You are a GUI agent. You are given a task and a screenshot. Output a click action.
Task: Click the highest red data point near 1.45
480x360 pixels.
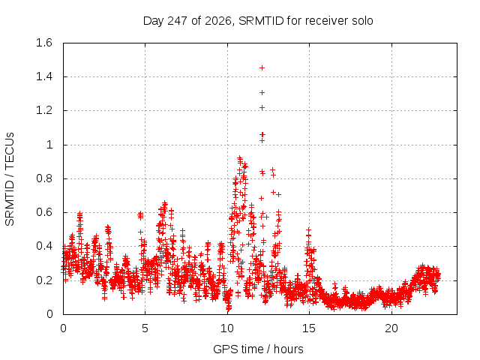pyautogui.click(x=262, y=68)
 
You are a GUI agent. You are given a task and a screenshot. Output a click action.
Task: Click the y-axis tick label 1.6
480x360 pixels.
pyautogui.click(x=44, y=43)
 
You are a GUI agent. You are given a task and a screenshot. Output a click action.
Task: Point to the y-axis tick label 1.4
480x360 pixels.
pyautogui.click(x=44, y=76)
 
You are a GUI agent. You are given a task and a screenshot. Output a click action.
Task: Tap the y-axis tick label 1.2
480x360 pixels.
pyautogui.click(x=44, y=110)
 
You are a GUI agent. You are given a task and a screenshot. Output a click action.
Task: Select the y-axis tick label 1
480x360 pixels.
pyautogui.click(x=49, y=145)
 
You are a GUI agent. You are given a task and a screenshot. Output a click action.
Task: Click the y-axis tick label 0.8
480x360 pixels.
pyautogui.click(x=44, y=178)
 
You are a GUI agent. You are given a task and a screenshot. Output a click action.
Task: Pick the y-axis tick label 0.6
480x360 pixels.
pyautogui.click(x=44, y=212)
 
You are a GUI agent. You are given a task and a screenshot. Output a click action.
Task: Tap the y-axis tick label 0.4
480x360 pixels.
pyautogui.click(x=44, y=246)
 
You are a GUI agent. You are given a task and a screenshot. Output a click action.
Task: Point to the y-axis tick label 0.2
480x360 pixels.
pyautogui.click(x=44, y=280)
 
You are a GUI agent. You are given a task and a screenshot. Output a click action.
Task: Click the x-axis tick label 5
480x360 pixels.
pyautogui.click(x=145, y=328)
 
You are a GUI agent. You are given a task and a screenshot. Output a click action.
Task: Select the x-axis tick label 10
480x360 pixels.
pyautogui.click(x=227, y=328)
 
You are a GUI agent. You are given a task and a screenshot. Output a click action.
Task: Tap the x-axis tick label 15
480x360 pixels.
pyautogui.click(x=309, y=328)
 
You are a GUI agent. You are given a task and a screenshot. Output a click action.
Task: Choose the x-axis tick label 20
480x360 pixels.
pyautogui.click(x=391, y=328)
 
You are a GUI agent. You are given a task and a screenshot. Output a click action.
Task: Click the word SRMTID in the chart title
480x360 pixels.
pyautogui.click(x=261, y=21)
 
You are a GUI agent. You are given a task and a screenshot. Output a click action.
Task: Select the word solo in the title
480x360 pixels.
pyautogui.click(x=362, y=21)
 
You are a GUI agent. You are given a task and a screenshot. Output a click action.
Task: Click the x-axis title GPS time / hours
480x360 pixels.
pyautogui.click(x=258, y=349)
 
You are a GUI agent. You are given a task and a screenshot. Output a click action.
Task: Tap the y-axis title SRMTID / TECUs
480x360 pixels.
pyautogui.click(x=10, y=179)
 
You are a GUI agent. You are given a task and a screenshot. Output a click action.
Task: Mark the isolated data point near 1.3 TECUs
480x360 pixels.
pyautogui.click(x=262, y=93)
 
